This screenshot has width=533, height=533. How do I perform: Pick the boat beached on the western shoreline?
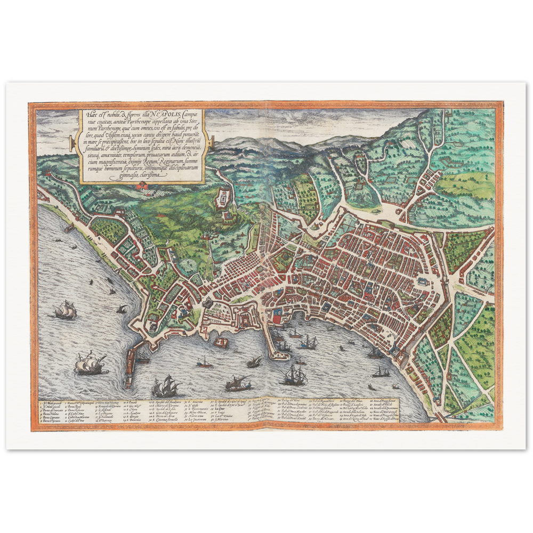pyautogui.click(x=68, y=228)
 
